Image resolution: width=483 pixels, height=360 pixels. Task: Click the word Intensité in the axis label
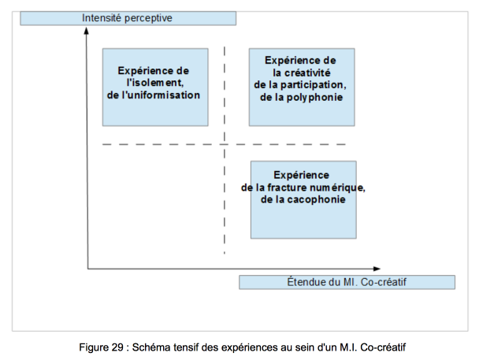tap(102, 18)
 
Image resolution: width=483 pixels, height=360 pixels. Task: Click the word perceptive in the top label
tap(148, 18)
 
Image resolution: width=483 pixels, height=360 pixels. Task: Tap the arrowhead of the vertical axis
tap(87, 30)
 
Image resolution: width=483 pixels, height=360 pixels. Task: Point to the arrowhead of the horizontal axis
tap(377, 269)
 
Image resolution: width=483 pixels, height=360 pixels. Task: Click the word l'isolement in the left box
tap(155, 83)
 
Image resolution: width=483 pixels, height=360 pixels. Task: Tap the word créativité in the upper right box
tap(307, 72)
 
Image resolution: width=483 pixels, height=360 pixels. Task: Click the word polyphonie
tap(314, 98)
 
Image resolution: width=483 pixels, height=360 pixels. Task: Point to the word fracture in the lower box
tap(287, 187)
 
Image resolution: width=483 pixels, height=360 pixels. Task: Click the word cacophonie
tap(316, 199)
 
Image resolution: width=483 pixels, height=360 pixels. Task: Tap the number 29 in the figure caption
tap(117, 347)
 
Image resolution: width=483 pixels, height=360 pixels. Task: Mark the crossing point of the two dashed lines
tap(225, 144)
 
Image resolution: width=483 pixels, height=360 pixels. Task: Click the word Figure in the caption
tap(94, 347)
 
